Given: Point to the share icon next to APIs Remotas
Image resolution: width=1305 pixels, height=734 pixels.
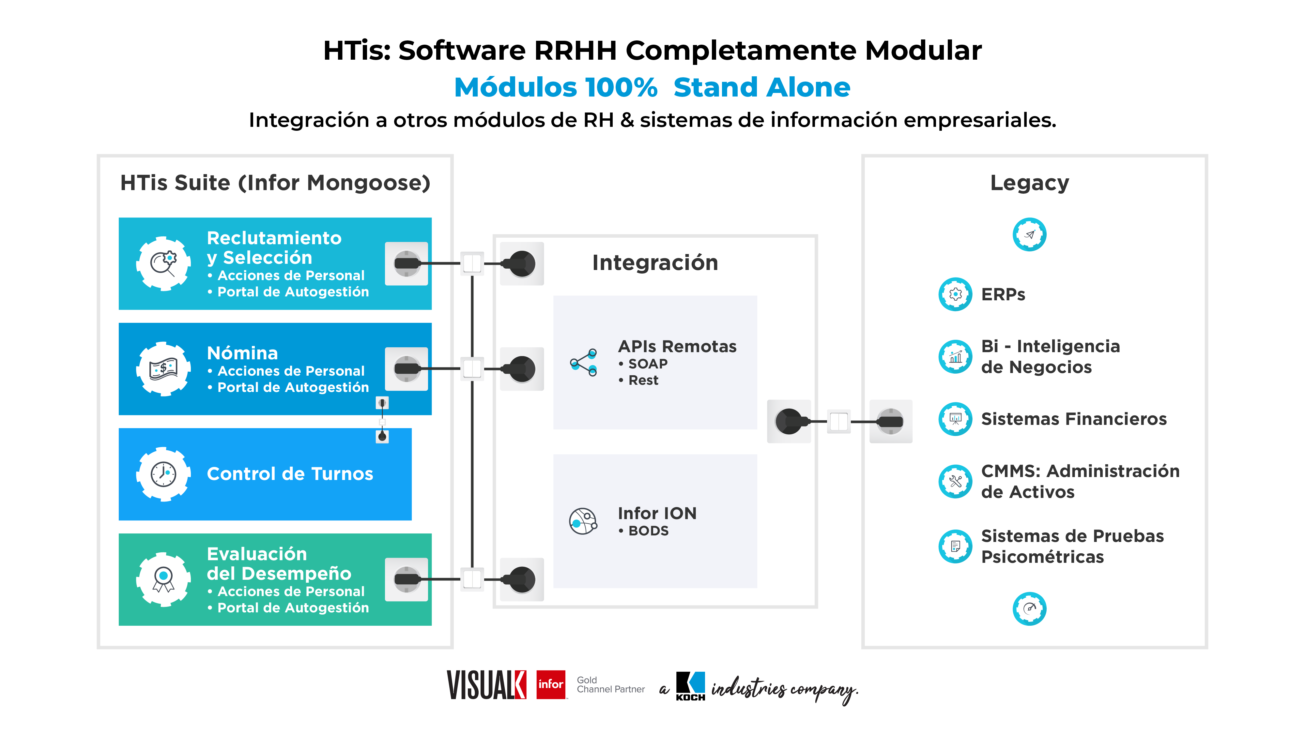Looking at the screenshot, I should click(x=584, y=363).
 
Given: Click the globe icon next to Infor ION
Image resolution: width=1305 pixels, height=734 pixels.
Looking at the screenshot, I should click(x=583, y=521).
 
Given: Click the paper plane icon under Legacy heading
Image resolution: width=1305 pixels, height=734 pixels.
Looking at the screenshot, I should click(x=1029, y=234).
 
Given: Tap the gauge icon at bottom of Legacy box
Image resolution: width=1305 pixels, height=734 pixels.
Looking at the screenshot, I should click(x=1029, y=608).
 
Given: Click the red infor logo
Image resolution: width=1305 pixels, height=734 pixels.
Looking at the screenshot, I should click(x=551, y=684).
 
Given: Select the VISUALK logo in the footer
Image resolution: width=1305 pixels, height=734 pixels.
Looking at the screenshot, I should click(x=486, y=685).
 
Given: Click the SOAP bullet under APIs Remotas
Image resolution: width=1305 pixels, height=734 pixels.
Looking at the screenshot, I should click(x=647, y=364).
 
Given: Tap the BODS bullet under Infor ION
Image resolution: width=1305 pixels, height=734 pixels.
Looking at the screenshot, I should click(x=647, y=531).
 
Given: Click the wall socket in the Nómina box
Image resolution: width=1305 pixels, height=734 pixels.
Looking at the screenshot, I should click(x=406, y=368).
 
